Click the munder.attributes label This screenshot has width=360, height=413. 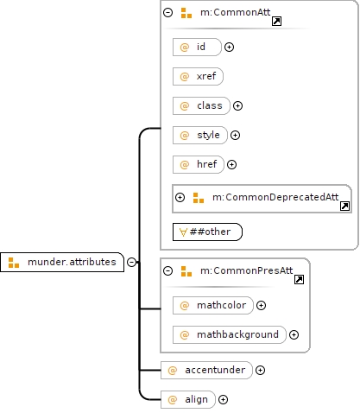(72, 262)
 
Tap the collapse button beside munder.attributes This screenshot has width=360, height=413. (131, 262)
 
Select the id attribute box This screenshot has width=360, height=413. (197, 47)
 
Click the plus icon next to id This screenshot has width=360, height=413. (229, 47)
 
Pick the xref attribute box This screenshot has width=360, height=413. (198, 76)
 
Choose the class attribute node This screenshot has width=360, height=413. (201, 105)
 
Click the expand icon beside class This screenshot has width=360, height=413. (237, 105)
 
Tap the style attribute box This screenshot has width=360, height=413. (200, 135)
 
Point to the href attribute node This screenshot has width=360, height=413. (199, 164)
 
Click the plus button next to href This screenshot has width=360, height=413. (231, 164)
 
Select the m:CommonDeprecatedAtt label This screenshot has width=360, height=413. (275, 197)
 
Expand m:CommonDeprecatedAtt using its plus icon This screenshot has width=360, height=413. (180, 197)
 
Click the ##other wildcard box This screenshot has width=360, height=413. (207, 232)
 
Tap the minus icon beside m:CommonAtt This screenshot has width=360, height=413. (168, 12)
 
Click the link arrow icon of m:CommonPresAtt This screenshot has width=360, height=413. (299, 279)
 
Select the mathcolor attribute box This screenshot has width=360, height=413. (213, 305)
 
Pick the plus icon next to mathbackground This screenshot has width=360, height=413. (294, 334)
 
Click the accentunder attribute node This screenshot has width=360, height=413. (206, 370)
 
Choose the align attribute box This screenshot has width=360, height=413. (188, 399)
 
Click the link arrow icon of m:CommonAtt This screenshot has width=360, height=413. (276, 22)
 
